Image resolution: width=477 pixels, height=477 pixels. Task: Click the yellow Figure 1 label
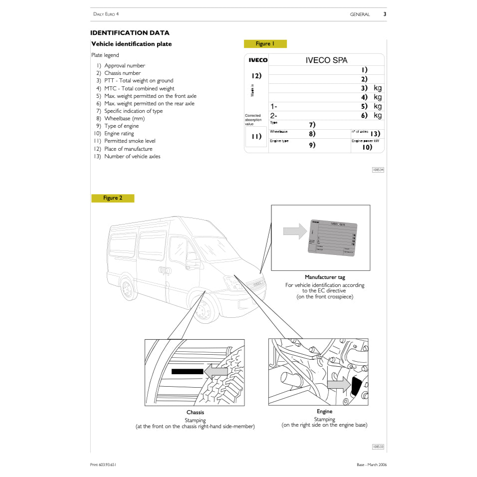click(x=265, y=44)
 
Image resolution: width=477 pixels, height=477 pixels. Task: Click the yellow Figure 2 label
click(x=113, y=198)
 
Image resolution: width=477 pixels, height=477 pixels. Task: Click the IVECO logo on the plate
click(x=258, y=60)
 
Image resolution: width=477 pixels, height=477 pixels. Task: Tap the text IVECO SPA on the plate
click(x=326, y=60)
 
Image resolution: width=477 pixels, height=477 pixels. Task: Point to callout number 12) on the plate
click(x=256, y=76)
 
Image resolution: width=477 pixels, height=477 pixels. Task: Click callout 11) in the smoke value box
click(x=256, y=137)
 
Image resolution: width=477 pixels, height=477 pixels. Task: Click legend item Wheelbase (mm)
click(x=124, y=119)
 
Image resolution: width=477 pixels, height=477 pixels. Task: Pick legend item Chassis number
click(x=122, y=73)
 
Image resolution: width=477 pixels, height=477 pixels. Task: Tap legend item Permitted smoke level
click(x=130, y=141)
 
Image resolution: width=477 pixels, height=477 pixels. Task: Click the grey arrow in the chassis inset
click(x=216, y=371)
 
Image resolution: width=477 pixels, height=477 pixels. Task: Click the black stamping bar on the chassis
click(x=187, y=371)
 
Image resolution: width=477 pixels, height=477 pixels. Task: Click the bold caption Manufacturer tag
click(x=325, y=277)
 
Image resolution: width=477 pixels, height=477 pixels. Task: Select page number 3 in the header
click(x=385, y=14)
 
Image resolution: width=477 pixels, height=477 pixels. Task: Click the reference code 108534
click(x=378, y=170)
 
